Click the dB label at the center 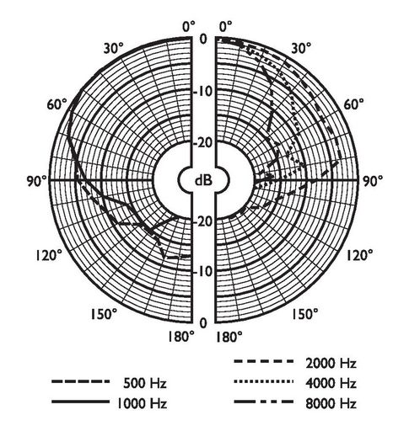pos(203,180)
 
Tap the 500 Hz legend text pos(145,383)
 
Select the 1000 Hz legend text pos(142,403)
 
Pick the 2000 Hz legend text pos(331,364)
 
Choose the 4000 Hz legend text pos(331,383)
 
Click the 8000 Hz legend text pos(331,403)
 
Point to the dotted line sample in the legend pos(264,381)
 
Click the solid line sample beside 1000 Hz pos(81,402)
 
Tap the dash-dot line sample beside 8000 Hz pos(264,402)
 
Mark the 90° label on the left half pos(37,181)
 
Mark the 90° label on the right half pos(372,181)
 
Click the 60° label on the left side pos(57,104)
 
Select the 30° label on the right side pos(301,48)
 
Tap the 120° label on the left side pos(49,256)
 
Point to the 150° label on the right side pos(304,314)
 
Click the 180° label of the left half pos(181,337)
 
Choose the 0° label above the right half pos(226,27)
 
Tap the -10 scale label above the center pos(205,92)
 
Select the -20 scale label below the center pos(205,221)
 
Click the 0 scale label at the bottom pos(203,323)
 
